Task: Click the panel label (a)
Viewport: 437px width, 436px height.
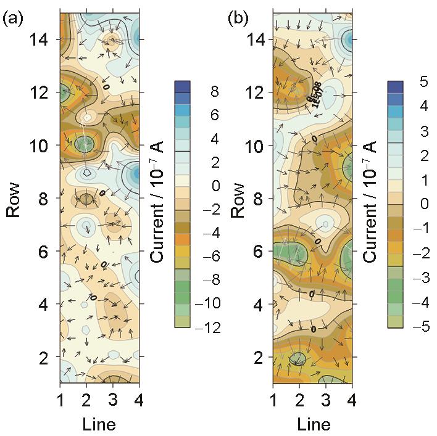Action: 13,19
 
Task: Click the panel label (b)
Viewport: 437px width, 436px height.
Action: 239,19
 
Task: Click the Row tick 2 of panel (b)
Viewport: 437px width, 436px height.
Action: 259,358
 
